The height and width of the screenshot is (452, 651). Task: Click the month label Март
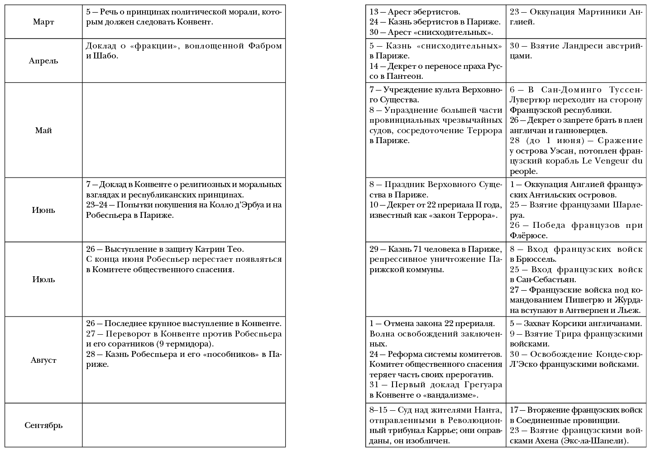(x=43, y=22)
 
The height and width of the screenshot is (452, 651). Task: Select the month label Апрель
(x=43, y=61)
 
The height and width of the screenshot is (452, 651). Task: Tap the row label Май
(x=43, y=130)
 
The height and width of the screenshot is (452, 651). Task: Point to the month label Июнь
(x=43, y=210)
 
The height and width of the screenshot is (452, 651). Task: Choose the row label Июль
(x=43, y=279)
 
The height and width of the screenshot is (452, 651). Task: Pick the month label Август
(x=43, y=360)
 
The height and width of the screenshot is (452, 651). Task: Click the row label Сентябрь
(x=43, y=426)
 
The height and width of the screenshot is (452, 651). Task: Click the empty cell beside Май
(x=184, y=130)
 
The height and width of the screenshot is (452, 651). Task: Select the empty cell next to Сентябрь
(x=184, y=426)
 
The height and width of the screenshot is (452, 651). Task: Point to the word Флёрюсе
(x=528, y=236)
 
